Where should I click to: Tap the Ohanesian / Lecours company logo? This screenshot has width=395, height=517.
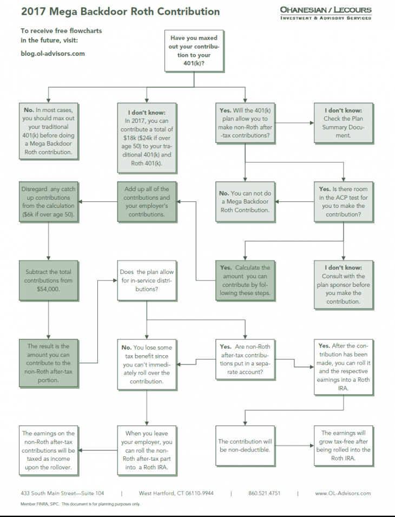click(x=326, y=13)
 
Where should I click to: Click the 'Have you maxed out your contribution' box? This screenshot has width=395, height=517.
click(x=194, y=51)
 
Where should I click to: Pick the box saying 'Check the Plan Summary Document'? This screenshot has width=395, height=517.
click(x=344, y=122)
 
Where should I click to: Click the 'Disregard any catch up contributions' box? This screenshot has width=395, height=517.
click(x=48, y=201)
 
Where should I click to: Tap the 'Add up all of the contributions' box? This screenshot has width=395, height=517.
click(x=147, y=201)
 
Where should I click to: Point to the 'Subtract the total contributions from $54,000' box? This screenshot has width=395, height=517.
click(x=48, y=280)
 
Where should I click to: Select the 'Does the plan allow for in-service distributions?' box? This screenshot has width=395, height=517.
click(x=147, y=280)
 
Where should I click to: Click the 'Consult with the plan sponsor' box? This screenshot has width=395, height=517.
click(x=343, y=281)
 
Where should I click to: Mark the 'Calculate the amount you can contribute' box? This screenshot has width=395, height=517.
click(x=245, y=280)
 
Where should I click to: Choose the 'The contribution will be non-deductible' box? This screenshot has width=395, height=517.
click(x=245, y=446)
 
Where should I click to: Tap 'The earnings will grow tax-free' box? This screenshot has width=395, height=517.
click(x=343, y=446)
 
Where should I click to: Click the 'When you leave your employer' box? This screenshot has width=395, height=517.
click(x=147, y=446)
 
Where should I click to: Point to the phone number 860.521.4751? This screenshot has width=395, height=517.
click(x=264, y=493)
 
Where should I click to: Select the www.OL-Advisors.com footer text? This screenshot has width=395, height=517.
click(x=343, y=493)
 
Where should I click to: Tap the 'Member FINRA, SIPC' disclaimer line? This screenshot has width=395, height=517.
click(x=43, y=504)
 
